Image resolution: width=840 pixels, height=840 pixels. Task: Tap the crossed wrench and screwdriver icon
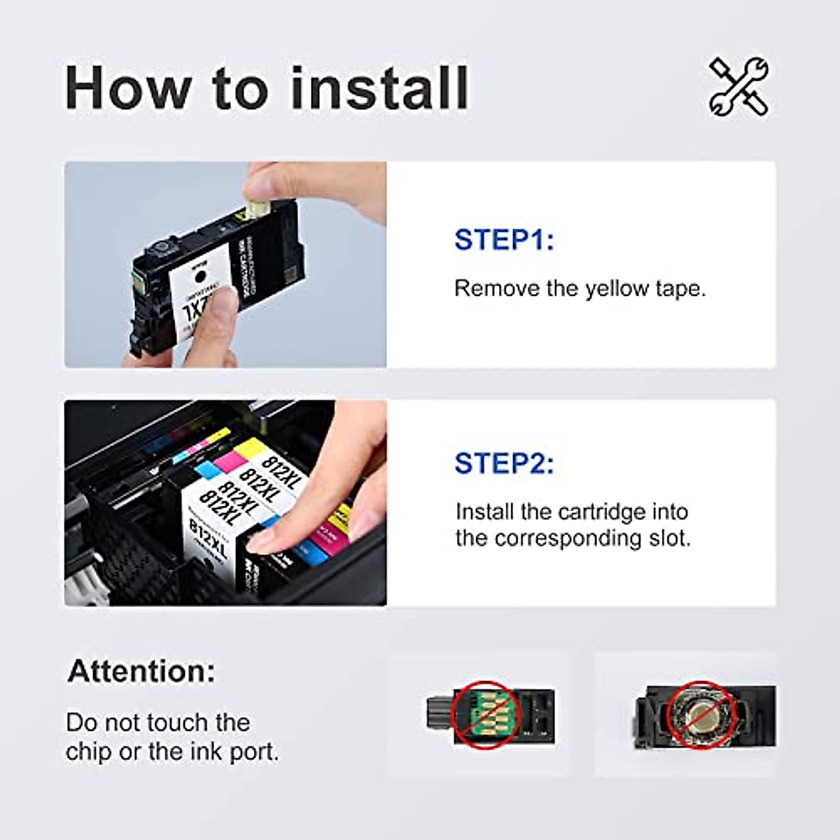[738, 87]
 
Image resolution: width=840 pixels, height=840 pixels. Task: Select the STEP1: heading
[504, 239]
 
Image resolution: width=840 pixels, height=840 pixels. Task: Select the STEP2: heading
[504, 463]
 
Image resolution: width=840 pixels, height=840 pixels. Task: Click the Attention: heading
[141, 671]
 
